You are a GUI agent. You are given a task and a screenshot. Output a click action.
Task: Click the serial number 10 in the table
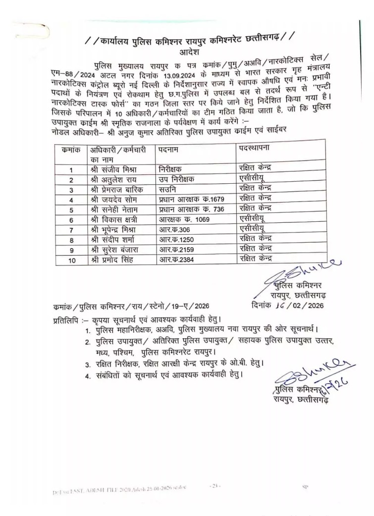[x=72, y=260]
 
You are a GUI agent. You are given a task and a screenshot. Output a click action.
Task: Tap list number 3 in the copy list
[x=87, y=364]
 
